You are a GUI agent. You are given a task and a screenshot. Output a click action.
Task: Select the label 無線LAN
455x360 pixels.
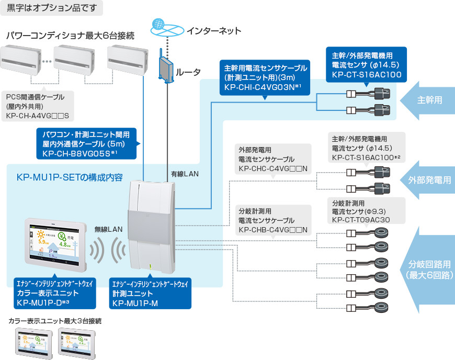108,229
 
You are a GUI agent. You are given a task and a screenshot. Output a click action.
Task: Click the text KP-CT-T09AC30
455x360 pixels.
361,221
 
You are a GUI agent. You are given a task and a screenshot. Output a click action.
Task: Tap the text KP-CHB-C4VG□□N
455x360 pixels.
272,230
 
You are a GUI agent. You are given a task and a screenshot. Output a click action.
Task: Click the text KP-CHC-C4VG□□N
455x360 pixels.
272,168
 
